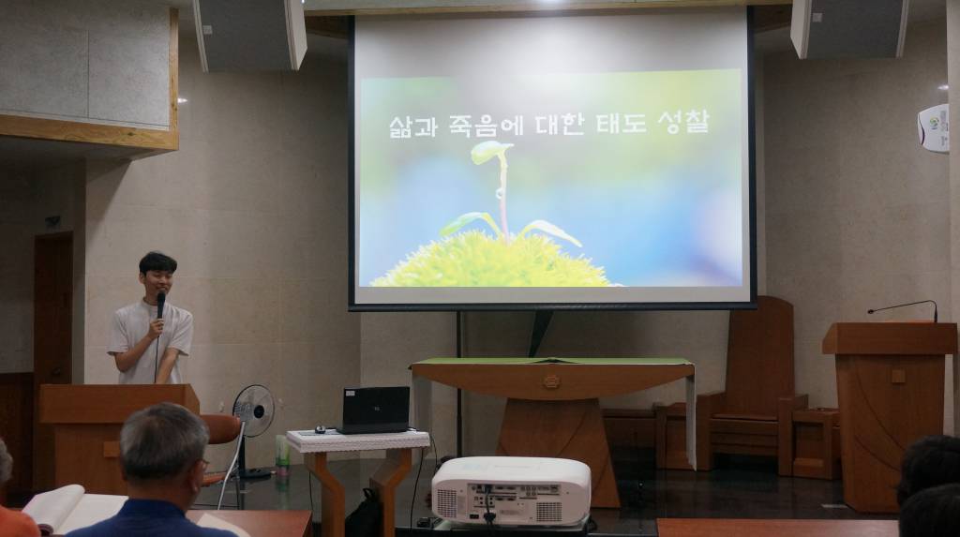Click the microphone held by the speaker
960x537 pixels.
[160, 304]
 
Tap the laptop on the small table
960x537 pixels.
[373, 410]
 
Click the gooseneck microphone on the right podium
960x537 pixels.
[904, 307]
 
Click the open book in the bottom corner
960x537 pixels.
[66, 509]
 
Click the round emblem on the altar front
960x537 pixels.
[551, 381]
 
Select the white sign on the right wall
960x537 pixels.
[934, 127]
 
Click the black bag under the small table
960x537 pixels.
[366, 514]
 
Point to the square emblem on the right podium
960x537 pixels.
[898, 375]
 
